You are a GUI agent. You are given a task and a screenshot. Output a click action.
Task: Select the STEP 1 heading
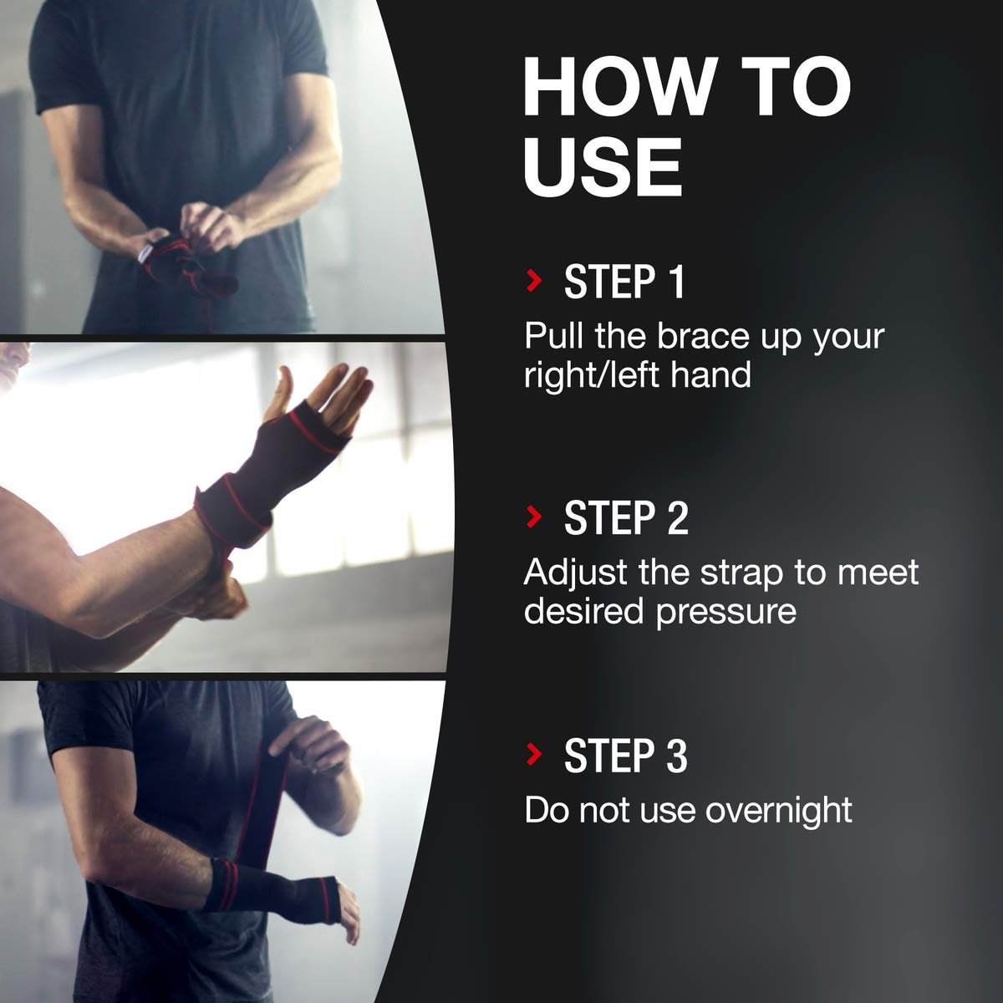point(624,282)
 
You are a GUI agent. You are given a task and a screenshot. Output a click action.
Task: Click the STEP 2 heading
point(626,517)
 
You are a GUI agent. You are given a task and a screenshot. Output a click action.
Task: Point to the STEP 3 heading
point(626,755)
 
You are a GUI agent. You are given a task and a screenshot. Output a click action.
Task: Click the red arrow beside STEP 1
point(534,281)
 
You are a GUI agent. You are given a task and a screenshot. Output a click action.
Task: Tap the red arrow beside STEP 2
point(534,517)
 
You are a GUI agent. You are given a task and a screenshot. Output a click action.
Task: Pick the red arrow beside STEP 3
point(534,754)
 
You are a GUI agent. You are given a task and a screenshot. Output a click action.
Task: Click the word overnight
point(779,812)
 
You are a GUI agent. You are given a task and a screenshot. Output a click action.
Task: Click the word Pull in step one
point(553,336)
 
